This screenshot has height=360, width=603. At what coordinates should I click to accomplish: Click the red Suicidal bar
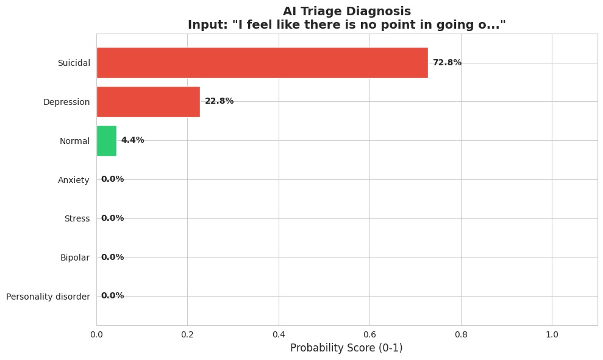click(262, 63)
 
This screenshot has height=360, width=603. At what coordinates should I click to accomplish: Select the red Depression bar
click(148, 101)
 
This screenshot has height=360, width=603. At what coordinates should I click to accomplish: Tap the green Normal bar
click(106, 140)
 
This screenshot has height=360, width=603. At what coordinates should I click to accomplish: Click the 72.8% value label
click(447, 63)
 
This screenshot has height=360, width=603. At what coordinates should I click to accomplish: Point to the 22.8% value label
click(219, 101)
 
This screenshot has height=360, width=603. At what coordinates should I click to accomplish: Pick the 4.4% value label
click(132, 140)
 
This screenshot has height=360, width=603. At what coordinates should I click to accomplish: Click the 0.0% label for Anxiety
click(112, 179)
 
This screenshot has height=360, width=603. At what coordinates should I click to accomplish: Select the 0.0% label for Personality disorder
click(112, 296)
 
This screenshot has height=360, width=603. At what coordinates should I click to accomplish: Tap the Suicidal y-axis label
click(74, 63)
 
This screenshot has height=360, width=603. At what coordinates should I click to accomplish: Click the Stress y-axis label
click(77, 218)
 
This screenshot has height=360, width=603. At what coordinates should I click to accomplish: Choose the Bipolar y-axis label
click(75, 257)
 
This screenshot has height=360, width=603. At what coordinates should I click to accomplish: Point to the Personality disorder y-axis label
click(48, 297)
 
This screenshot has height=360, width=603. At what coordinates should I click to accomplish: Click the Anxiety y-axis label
click(74, 179)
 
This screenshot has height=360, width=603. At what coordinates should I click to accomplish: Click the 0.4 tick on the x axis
click(279, 334)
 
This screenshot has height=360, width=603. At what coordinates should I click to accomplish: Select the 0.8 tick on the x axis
click(461, 334)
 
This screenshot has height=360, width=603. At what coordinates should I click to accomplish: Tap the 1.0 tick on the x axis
click(552, 334)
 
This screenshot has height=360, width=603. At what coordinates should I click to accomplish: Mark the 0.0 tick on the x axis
click(96, 334)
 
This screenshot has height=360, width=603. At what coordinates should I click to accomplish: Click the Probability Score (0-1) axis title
click(346, 348)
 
